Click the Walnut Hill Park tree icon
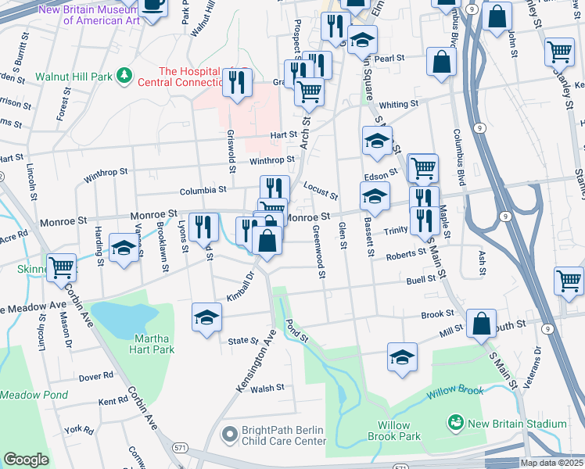[x=123, y=76]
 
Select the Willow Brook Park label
[x=399, y=431]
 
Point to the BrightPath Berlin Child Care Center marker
[x=229, y=432]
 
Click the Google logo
[x=26, y=460]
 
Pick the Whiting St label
[x=399, y=104]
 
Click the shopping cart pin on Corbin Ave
[x=61, y=267]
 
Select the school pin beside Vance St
[x=124, y=248]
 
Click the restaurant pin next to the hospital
[x=237, y=83]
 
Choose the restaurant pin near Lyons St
[x=204, y=227]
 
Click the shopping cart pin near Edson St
[x=423, y=166]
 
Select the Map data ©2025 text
[x=551, y=463]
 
